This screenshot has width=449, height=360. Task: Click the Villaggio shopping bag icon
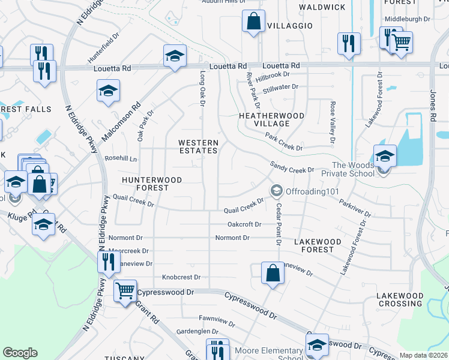(253, 22)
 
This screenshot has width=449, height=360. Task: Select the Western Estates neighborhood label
(198, 146)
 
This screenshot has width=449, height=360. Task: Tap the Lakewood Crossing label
(400, 299)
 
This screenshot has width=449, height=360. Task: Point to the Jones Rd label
(432, 109)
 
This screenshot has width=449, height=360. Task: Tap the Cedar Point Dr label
(279, 224)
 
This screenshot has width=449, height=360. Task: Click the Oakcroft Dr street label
(244, 224)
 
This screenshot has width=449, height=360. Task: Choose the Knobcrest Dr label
(181, 278)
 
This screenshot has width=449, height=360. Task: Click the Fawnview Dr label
(199, 318)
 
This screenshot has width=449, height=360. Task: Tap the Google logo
(20, 353)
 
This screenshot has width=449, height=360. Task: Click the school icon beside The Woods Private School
(384, 156)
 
